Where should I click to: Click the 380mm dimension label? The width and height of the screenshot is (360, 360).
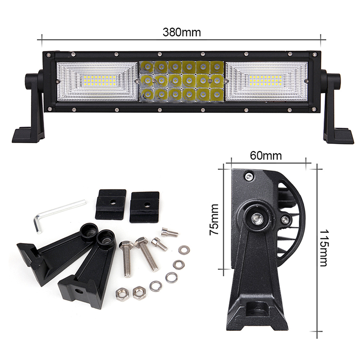[x=182, y=32]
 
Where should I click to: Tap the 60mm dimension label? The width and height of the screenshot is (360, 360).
[x=266, y=156]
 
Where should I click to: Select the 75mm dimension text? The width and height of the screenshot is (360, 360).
[x=214, y=220]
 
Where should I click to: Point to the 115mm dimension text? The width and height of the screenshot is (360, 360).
[x=323, y=247]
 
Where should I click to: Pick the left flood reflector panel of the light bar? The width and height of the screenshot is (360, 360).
[x=97, y=82]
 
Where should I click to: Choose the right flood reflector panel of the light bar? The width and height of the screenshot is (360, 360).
[x=266, y=82]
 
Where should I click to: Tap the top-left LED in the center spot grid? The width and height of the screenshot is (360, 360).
[x=147, y=67]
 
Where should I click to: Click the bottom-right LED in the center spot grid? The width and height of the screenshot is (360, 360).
[x=216, y=94]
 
